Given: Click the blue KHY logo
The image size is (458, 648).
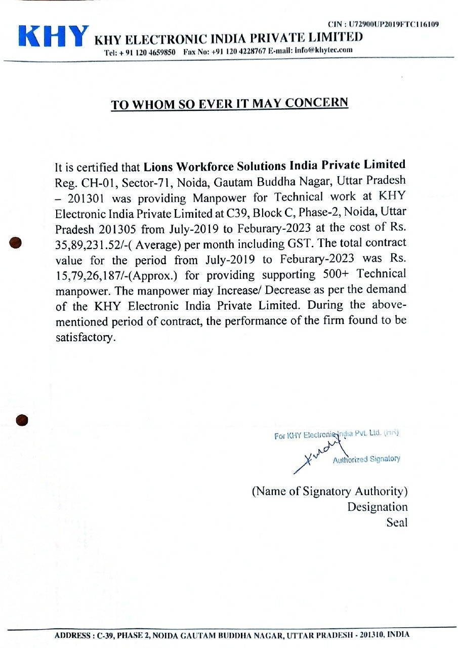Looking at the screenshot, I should (x=53, y=36).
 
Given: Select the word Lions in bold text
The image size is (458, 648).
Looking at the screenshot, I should (x=157, y=165).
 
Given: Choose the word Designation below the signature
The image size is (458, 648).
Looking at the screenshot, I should (x=377, y=507).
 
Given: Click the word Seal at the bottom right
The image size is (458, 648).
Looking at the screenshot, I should (x=397, y=522).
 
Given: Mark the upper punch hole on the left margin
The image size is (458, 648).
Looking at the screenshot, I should (x=16, y=243).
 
